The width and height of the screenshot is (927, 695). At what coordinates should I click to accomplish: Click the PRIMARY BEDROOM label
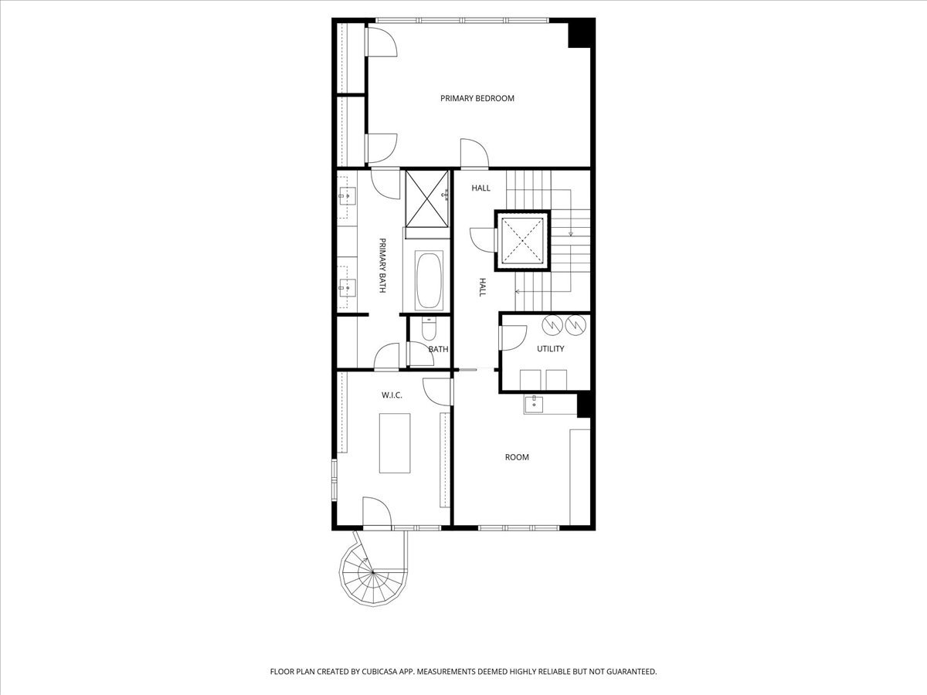[477, 98]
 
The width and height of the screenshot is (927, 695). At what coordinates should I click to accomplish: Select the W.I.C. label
[392, 395]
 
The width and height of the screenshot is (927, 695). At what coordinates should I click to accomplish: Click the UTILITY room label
[551, 348]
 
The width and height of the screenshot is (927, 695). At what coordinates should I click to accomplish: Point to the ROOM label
[517, 457]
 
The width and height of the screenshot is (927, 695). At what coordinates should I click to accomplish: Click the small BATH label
[439, 349]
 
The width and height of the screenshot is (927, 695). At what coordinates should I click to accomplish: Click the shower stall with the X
[427, 198]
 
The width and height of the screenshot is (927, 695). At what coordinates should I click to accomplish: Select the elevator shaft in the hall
[524, 239]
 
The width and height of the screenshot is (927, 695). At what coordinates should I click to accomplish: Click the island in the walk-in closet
[395, 442]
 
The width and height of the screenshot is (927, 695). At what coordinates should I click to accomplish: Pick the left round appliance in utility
[552, 326]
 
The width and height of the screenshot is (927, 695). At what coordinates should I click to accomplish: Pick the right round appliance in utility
[576, 326]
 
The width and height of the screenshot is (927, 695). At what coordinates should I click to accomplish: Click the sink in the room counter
[533, 404]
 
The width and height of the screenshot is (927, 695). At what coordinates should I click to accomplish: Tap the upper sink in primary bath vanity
[347, 196]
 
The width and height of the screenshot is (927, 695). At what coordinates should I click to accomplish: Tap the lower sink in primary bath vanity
[347, 287]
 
